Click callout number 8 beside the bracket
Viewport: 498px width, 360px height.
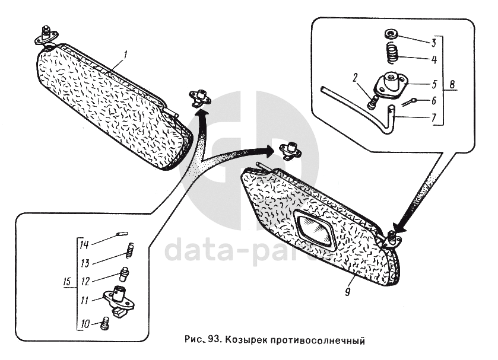[453, 84]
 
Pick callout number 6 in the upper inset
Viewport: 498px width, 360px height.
[434, 100]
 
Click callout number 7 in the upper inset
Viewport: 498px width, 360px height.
[434, 117]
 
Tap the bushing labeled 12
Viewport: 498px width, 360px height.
[124, 275]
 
